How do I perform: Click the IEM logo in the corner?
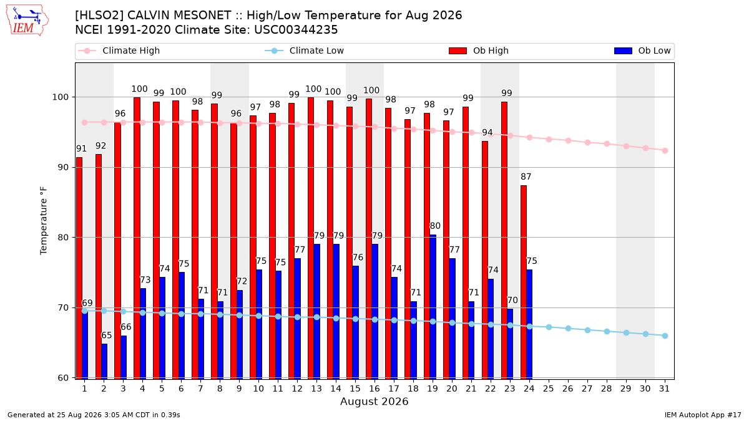click(27, 21)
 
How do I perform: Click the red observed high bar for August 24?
click(524, 282)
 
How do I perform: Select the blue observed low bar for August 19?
click(433, 307)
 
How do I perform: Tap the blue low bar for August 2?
click(104, 361)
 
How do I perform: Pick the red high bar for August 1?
click(79, 268)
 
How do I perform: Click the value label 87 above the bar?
click(526, 177)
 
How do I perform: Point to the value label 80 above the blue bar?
click(435, 226)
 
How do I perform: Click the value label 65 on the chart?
click(106, 335)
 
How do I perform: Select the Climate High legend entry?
click(119, 51)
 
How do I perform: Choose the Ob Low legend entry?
click(642, 51)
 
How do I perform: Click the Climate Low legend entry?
click(304, 51)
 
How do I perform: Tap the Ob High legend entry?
click(479, 51)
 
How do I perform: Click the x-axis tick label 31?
click(664, 389)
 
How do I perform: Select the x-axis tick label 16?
click(374, 389)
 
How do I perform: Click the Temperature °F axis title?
click(44, 221)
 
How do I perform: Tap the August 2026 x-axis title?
click(374, 401)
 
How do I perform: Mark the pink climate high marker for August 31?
click(665, 151)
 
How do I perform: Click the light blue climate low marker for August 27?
click(587, 330)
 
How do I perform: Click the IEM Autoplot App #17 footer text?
click(703, 415)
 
